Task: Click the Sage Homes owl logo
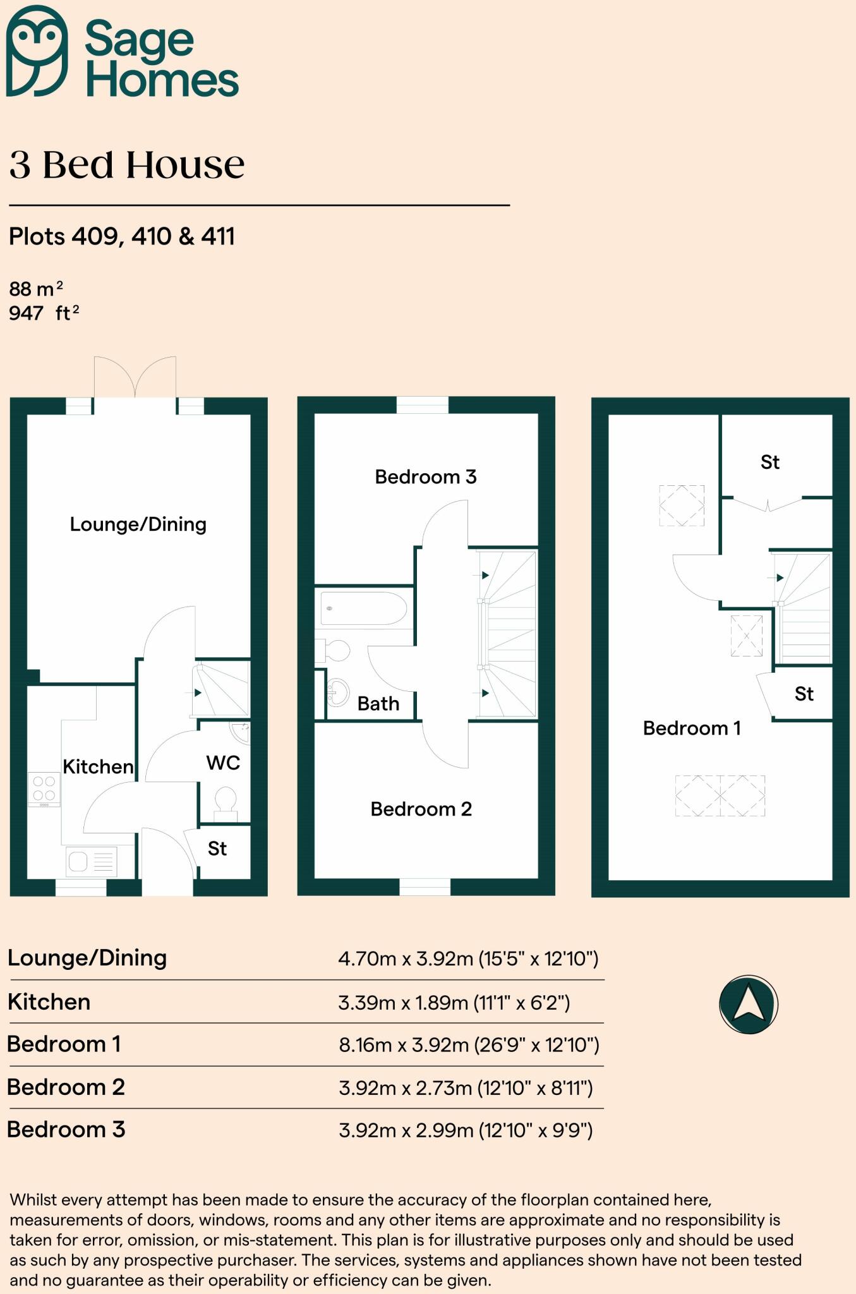pyautogui.click(x=37, y=51)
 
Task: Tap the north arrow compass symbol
pyautogui.click(x=749, y=1004)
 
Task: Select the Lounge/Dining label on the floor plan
pyautogui.click(x=138, y=524)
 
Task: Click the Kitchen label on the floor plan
pyautogui.click(x=98, y=766)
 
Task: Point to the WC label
pyautogui.click(x=223, y=763)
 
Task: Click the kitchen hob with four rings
pyautogui.click(x=44, y=790)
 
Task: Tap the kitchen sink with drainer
pyautogui.click(x=92, y=861)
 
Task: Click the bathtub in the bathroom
pyautogui.click(x=363, y=608)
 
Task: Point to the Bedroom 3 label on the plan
pyautogui.click(x=426, y=476)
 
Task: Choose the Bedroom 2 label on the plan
pyautogui.click(x=421, y=809)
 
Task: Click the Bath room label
pyautogui.click(x=378, y=703)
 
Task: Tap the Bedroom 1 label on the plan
pyautogui.click(x=692, y=728)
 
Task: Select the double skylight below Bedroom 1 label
pyautogui.click(x=720, y=795)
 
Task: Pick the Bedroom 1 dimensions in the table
pyautogui.click(x=469, y=1045)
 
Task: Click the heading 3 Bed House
pyautogui.click(x=127, y=165)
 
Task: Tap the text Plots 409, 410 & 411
pyautogui.click(x=122, y=236)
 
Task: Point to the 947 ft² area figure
pyautogui.click(x=44, y=312)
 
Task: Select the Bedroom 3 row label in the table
pyautogui.click(x=66, y=1129)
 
